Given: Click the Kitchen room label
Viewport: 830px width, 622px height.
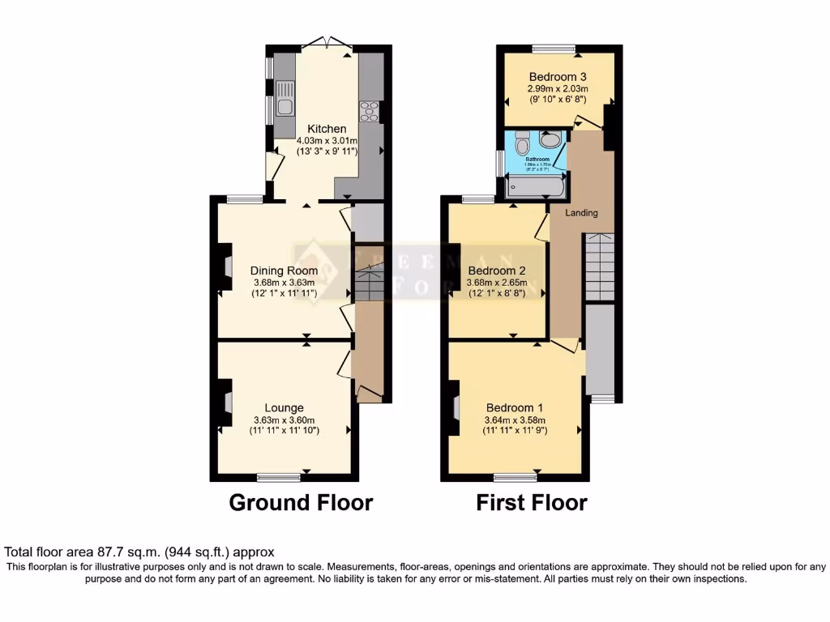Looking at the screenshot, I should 327,129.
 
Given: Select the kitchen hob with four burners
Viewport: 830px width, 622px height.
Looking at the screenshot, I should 370,110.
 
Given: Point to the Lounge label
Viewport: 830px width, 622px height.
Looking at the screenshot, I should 284,407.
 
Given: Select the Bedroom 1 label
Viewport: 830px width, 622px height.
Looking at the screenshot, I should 515,407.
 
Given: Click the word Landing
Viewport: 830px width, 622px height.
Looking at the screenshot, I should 582,213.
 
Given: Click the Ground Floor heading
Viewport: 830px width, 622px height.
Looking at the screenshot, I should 301,502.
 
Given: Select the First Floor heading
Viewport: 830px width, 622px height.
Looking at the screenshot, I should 531,502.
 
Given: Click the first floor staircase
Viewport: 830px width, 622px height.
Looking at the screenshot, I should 600,265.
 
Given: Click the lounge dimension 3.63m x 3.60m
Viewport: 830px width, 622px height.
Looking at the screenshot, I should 284,420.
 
